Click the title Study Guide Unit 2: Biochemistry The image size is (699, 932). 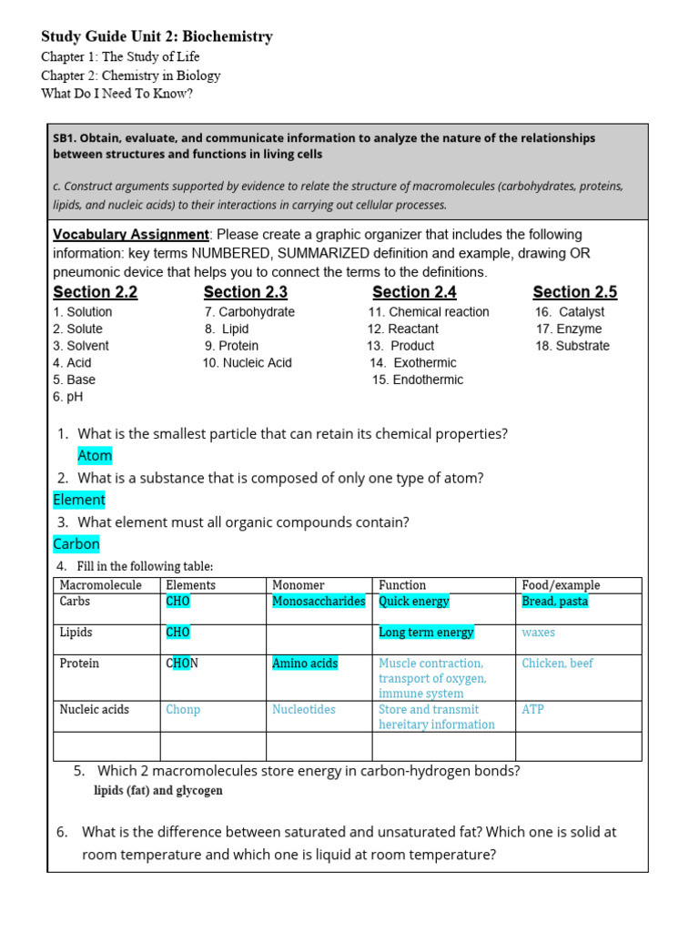(157, 37)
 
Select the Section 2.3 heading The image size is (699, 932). (245, 292)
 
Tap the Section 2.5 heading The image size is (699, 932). (574, 292)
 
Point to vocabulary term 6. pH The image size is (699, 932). (68, 397)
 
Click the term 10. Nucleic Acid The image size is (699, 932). (248, 362)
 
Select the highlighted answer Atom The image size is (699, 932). (95, 455)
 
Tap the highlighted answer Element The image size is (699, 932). (79, 500)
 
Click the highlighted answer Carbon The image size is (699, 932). (76, 543)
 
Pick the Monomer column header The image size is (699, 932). (298, 585)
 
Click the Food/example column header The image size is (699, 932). (561, 585)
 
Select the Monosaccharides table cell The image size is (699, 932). (319, 602)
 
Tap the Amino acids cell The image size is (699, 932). (304, 664)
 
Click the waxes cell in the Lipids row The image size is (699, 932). (538, 633)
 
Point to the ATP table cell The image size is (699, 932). (532, 709)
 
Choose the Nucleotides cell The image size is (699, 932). (303, 709)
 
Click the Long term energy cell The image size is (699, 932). (426, 633)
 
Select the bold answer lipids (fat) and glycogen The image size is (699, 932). (158, 791)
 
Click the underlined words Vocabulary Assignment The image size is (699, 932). (131, 235)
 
